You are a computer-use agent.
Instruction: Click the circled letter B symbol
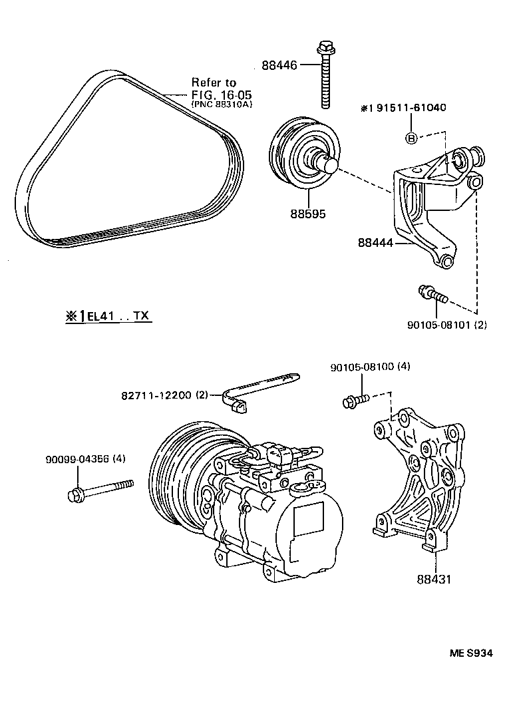click(411, 138)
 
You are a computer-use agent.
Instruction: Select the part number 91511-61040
click(408, 108)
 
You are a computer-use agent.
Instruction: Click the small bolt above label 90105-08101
click(433, 293)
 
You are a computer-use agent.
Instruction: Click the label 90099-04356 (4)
click(85, 458)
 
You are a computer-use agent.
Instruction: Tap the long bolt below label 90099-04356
click(100, 490)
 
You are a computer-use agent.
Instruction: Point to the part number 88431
click(434, 580)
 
